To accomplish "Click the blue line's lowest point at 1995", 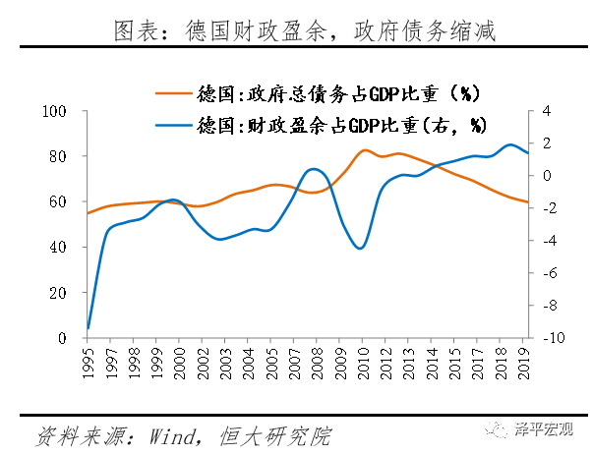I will (x=89, y=328).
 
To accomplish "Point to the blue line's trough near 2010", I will (x=362, y=248).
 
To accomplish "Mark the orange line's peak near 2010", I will (x=366, y=150).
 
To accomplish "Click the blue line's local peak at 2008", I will (x=314, y=169).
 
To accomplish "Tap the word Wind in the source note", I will (x=172, y=434).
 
